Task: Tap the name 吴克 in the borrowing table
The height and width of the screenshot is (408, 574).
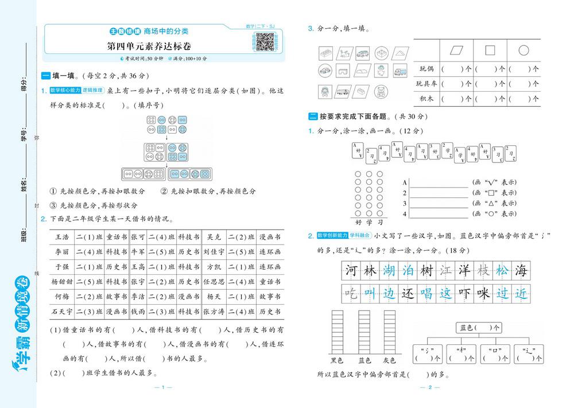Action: pyautogui.click(x=214, y=236)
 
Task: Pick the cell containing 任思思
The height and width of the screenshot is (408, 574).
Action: pyautogui.click(x=214, y=282)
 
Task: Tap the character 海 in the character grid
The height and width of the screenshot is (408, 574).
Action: pyautogui.click(x=521, y=270)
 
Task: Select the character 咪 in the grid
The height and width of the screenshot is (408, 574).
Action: pyautogui.click(x=483, y=293)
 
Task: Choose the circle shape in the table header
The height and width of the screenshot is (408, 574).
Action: pyautogui.click(x=523, y=50)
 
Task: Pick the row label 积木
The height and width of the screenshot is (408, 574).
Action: pyautogui.click(x=426, y=99)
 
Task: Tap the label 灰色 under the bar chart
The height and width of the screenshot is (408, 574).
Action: pyautogui.click(x=390, y=361)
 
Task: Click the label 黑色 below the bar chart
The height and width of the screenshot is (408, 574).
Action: pyautogui.click(x=337, y=361)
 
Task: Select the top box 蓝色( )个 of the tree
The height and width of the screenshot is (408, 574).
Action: pyautogui.click(x=477, y=328)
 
